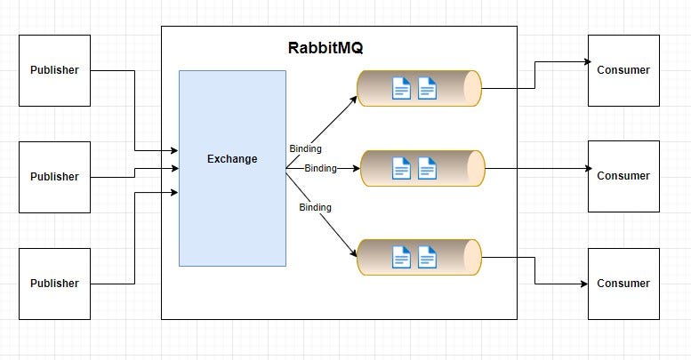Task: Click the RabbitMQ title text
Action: [x=325, y=48]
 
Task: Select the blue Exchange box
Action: [x=232, y=168]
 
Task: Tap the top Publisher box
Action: [x=54, y=70]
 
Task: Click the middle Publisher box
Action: [x=54, y=177]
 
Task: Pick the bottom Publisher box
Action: [x=54, y=284]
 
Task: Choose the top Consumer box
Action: [x=623, y=70]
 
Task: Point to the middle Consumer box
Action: [x=623, y=176]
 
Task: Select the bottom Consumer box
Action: [x=623, y=284]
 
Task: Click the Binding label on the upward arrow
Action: [x=305, y=148]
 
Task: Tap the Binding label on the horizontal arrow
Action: [x=320, y=168]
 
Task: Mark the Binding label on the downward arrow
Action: [x=315, y=207]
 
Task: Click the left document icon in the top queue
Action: [x=401, y=88]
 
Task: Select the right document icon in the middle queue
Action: [x=427, y=168]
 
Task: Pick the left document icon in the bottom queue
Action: [x=401, y=257]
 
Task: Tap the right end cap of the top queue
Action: [x=472, y=88]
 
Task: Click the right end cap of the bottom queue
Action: [x=472, y=257]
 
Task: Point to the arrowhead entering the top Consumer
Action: [x=588, y=61]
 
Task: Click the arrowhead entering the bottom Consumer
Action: [x=584, y=284]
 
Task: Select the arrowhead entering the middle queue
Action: [x=356, y=168]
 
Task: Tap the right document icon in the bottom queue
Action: [x=427, y=257]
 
